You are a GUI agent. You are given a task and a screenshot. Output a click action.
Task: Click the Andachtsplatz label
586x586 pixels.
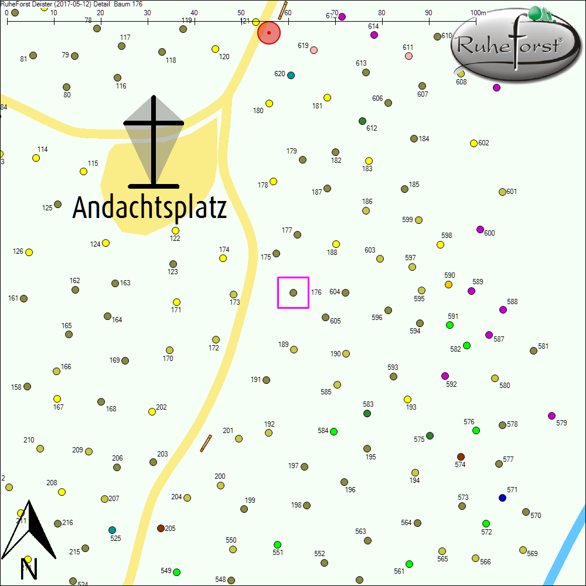(149, 208)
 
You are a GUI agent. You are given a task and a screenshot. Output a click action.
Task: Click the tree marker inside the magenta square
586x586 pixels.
(293, 292)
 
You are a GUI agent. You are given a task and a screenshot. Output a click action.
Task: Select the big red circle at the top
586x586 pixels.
(269, 33)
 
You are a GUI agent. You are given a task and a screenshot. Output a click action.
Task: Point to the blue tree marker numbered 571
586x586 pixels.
(502, 498)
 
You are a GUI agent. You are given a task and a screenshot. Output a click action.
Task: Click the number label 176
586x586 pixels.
(316, 292)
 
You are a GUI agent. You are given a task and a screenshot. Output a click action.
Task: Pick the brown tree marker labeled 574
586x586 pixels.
(461, 456)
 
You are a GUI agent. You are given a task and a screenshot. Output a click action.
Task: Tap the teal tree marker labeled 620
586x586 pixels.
(291, 75)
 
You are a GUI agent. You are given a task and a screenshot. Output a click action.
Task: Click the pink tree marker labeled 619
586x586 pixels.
(314, 50)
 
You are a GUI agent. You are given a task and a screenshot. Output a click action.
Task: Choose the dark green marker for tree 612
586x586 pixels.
(362, 121)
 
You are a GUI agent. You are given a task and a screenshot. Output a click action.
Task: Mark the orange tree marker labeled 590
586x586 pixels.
(448, 284)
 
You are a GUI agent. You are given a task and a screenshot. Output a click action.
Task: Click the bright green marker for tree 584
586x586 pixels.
(333, 431)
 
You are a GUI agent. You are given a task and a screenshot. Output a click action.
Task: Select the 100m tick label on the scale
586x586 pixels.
(478, 13)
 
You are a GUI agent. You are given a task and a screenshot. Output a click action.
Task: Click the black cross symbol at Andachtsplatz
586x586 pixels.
(154, 141)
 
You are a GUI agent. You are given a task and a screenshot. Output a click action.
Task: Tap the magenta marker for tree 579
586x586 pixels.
(551, 415)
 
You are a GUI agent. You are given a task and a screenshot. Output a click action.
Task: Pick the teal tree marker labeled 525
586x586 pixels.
(112, 530)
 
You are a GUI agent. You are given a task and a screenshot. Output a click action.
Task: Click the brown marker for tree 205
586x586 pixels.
(161, 528)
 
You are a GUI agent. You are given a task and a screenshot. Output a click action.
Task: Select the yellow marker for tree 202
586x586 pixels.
(152, 411)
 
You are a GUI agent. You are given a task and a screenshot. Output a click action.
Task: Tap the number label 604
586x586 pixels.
(335, 292)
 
